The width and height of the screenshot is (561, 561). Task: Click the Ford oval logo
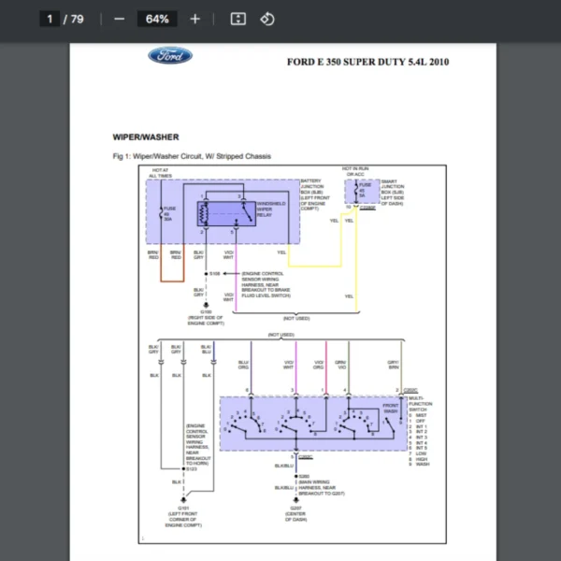(x=170, y=56)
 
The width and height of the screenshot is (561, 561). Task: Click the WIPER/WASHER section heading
(x=146, y=137)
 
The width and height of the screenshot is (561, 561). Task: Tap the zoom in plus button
(x=194, y=19)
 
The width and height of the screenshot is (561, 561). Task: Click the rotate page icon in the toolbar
(x=267, y=19)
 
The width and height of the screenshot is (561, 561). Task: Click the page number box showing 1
(x=47, y=19)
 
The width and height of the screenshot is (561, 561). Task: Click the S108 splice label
(x=214, y=273)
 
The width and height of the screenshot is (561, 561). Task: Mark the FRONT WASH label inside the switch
(x=390, y=409)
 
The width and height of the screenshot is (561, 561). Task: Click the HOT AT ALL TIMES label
(x=160, y=173)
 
